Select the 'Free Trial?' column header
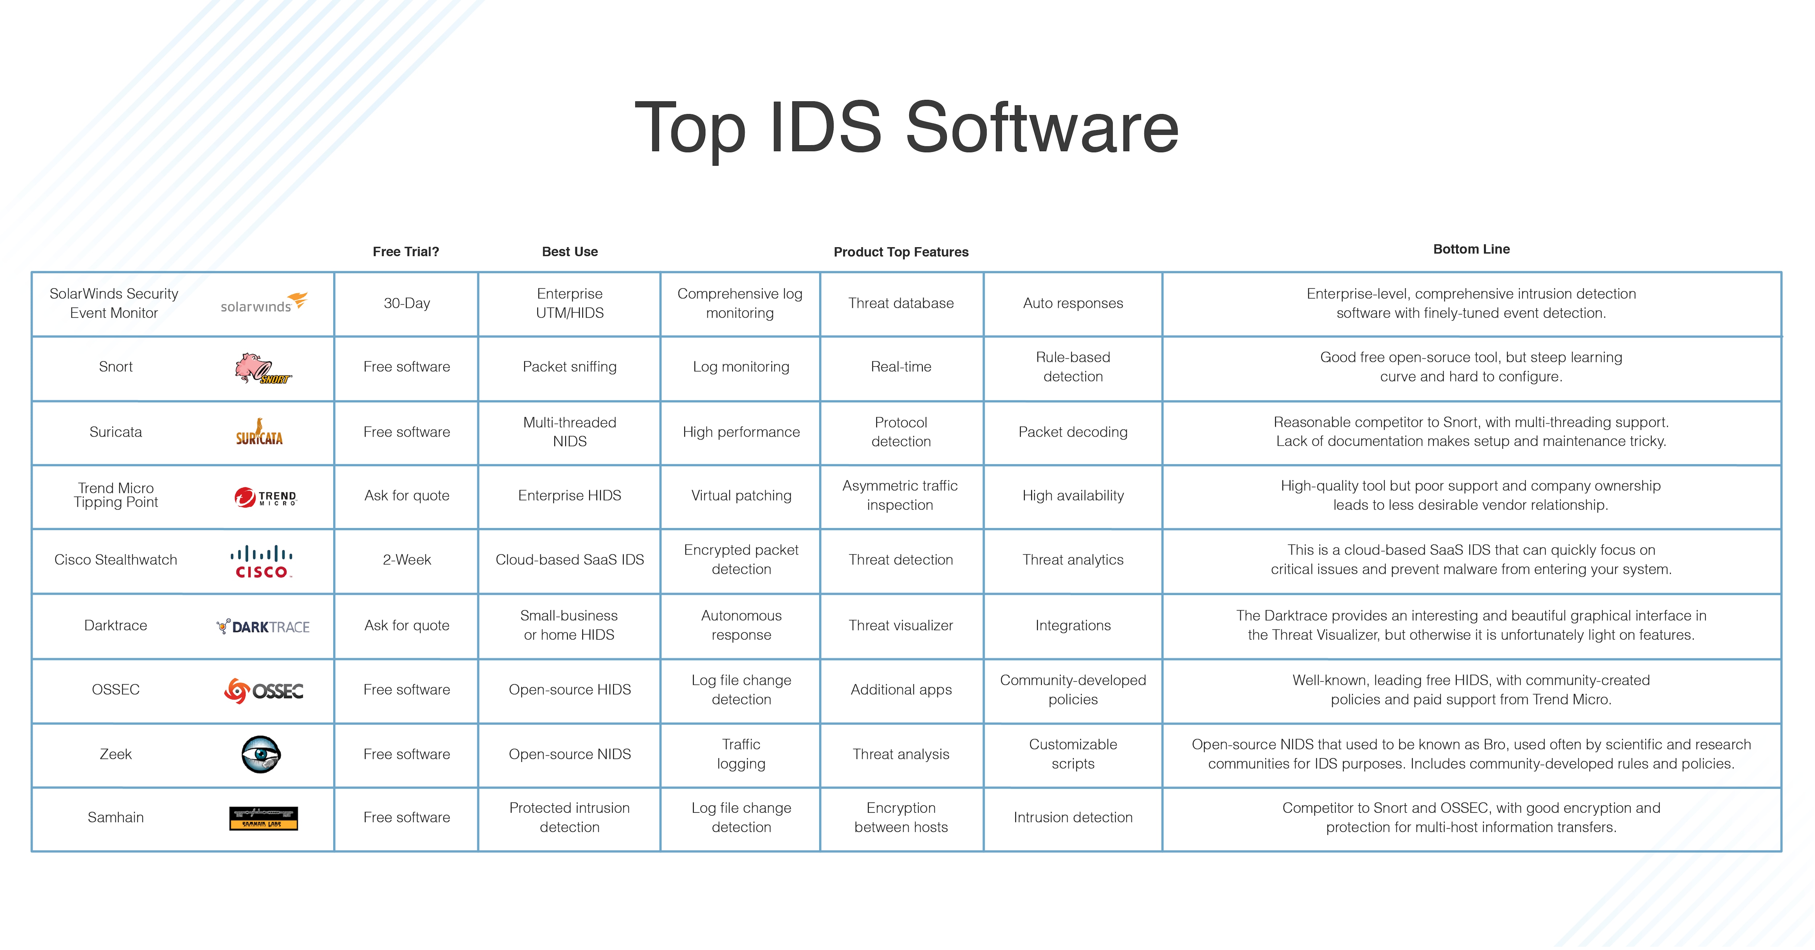point(406,252)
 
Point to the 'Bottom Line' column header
point(1471,249)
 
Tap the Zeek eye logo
point(261,754)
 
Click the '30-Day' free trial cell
point(407,303)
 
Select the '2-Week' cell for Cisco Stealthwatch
point(407,559)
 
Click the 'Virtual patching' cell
point(741,496)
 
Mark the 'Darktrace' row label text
point(115,625)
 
